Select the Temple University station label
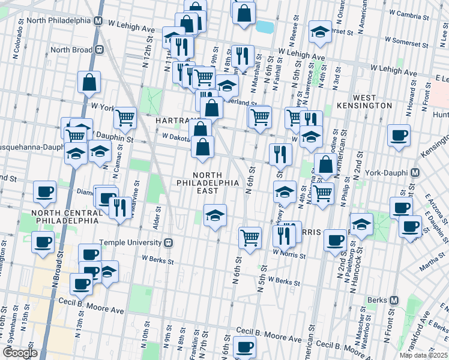pyautogui.click(x=130, y=242)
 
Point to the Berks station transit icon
pyautogui.click(x=394, y=300)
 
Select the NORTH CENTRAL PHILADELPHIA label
pyautogui.click(x=66, y=217)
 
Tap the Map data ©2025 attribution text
pyautogui.click(x=423, y=355)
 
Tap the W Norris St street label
pyautogui.click(x=289, y=256)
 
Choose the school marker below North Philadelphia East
pyautogui.click(x=215, y=215)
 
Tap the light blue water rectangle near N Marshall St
pyautogui.click(x=263, y=26)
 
